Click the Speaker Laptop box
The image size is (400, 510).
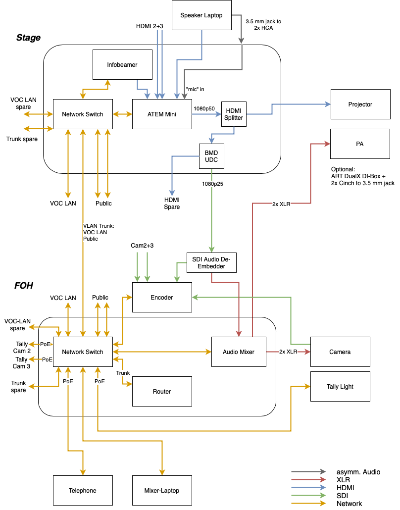click(201, 15)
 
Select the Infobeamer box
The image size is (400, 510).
click(122, 65)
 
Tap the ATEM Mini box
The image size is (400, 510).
click(162, 114)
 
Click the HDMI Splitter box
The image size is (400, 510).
click(234, 114)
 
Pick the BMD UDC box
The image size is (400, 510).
click(211, 156)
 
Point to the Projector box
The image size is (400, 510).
click(360, 104)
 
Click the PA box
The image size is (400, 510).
click(360, 144)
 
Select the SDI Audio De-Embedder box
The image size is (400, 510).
click(211, 263)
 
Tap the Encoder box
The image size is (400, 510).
click(162, 297)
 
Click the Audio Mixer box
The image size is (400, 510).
click(239, 352)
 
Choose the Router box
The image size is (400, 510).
click(162, 391)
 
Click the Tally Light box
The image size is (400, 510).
click(340, 386)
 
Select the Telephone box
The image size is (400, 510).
click(83, 491)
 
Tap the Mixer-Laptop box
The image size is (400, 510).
click(162, 491)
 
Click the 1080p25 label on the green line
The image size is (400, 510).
click(213, 184)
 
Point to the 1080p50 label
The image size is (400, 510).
click(204, 108)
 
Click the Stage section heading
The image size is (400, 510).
click(28, 38)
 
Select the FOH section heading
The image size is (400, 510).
click(24, 286)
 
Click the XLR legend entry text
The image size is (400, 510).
click(344, 480)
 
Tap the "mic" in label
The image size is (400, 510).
click(195, 89)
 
